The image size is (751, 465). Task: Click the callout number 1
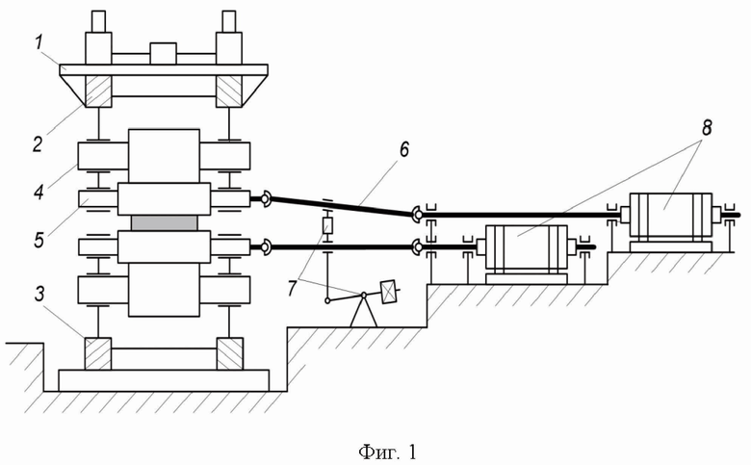pos(39,43)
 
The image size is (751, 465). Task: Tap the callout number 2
pos(39,143)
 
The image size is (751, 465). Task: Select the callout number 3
pos(39,294)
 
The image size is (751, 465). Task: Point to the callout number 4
pos(39,192)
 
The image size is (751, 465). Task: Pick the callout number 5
pos(39,240)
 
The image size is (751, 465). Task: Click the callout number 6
pos(403,149)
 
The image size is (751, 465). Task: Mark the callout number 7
pos(293,288)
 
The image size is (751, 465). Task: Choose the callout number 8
pos(707,128)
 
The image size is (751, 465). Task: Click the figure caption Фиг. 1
pos(387,452)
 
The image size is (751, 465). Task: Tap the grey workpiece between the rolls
pos(164,222)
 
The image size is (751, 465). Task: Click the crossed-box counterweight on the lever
pos(388,292)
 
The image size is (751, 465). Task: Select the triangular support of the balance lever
pos(364,311)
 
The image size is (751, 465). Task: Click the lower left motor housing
pos(527,246)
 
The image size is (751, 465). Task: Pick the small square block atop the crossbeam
pos(164,54)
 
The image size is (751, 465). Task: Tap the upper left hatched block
pos(98,91)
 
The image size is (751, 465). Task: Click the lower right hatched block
pos(230,353)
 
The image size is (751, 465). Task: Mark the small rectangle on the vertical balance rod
pos(327,225)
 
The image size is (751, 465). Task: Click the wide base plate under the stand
pos(164,380)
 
